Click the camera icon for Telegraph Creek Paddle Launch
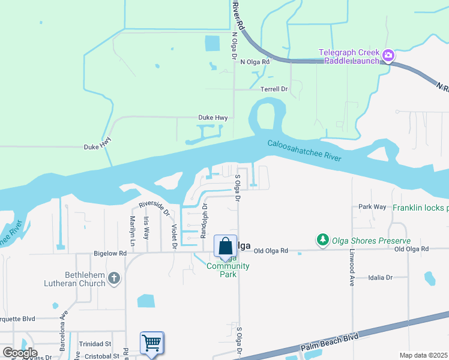pos(388,56)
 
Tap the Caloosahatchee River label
pos(304,151)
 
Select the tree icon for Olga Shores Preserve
pos(323,240)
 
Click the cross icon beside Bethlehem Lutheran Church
pos(114,278)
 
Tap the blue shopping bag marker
pos(226,247)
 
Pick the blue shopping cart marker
pos(151,343)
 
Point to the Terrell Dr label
pos(274,89)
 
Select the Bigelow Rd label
pos(110,254)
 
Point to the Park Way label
pos(372,206)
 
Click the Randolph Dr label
pos(204,219)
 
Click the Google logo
pos(20,353)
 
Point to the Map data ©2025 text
pos(423,355)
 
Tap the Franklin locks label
pos(420,208)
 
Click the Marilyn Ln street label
pos(132,227)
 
